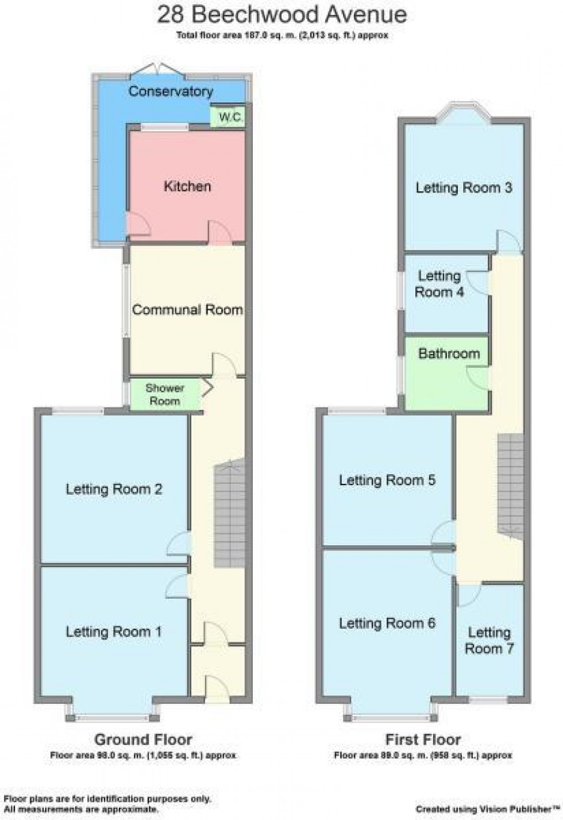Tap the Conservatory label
(x=170, y=91)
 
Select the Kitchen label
(x=187, y=186)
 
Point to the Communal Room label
(x=187, y=310)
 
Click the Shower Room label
(x=165, y=395)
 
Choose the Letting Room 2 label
(x=114, y=490)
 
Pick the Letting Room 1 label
(x=114, y=632)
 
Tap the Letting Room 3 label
(x=464, y=188)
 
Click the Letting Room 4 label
(x=439, y=284)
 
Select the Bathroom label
(x=449, y=353)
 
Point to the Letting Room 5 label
(x=387, y=480)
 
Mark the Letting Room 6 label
(x=387, y=623)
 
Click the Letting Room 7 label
(x=489, y=641)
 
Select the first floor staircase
(x=510, y=483)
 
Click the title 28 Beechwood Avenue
(x=282, y=14)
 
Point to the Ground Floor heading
(x=143, y=740)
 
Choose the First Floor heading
(x=423, y=740)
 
